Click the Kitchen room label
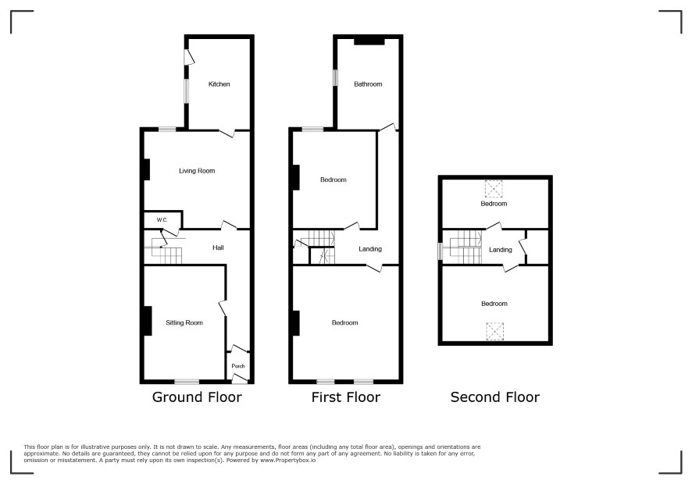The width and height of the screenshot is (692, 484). click(219, 84)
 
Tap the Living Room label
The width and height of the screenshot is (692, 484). click(197, 171)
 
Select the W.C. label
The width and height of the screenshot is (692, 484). click(162, 219)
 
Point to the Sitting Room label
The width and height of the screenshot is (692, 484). click(184, 322)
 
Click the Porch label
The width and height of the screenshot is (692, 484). click(238, 366)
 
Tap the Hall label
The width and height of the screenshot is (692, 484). click(218, 247)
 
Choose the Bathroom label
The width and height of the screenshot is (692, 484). click(368, 84)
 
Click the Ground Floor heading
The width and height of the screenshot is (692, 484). click(197, 397)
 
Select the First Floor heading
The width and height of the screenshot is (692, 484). click(345, 397)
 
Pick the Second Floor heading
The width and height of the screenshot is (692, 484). click(494, 397)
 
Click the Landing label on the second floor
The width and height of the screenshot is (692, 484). click(501, 250)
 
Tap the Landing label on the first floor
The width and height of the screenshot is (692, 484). click(370, 249)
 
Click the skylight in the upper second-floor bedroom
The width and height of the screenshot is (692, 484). click(494, 189)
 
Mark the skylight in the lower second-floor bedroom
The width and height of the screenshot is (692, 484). click(494, 331)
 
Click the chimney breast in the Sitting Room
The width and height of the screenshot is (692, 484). click(148, 321)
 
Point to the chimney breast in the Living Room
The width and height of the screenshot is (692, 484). click(147, 169)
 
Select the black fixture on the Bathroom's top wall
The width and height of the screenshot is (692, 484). click(369, 41)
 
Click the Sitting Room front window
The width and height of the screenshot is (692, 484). click(187, 382)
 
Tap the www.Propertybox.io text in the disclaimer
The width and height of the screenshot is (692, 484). click(287, 460)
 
